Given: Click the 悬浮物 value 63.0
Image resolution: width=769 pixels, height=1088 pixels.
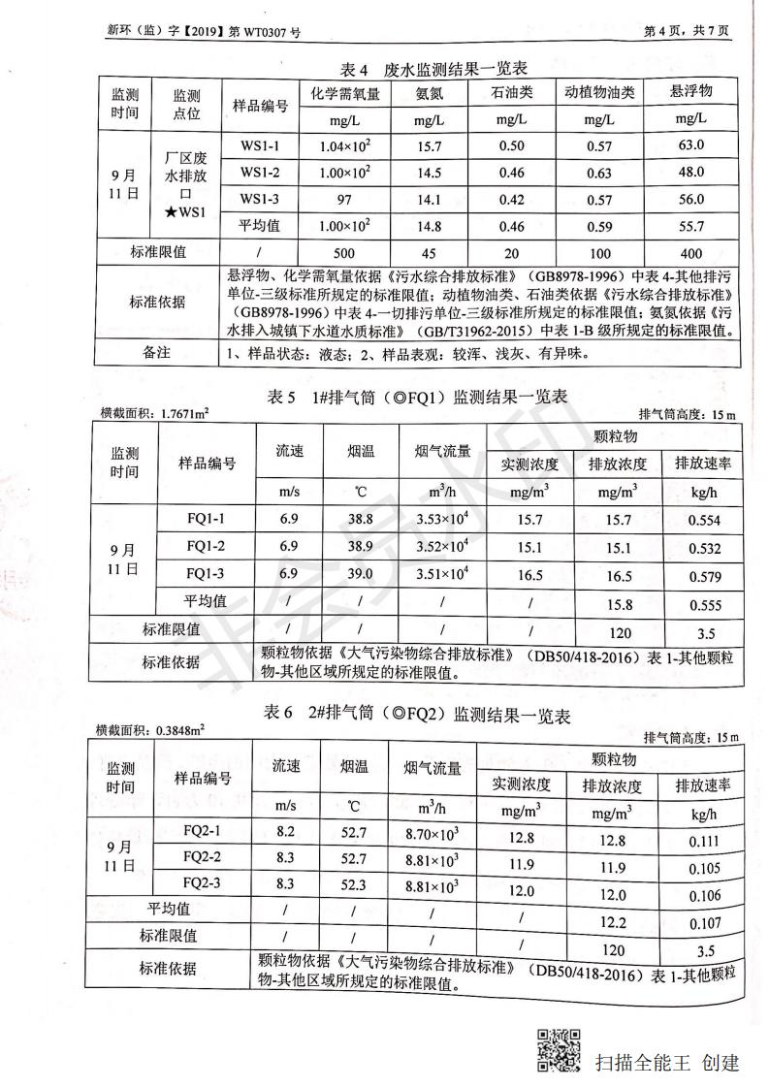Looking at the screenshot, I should (690, 145).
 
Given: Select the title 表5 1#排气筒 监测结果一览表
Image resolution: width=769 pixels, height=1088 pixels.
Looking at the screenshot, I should (417, 398).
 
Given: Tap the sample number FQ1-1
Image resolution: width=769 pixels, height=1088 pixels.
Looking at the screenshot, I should (206, 519).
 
